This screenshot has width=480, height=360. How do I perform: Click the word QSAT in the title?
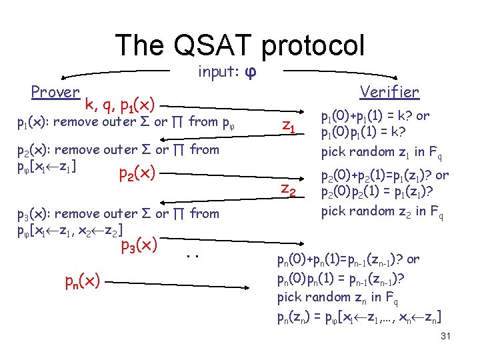[x=207, y=45]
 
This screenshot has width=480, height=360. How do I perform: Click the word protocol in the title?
[x=313, y=45]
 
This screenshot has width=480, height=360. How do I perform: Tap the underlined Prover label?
[x=55, y=92]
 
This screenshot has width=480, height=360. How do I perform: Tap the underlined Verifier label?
[x=389, y=92]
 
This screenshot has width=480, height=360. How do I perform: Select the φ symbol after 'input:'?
[x=251, y=71]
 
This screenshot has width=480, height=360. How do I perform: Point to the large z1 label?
[x=289, y=125]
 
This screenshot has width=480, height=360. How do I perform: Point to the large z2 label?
[x=289, y=190]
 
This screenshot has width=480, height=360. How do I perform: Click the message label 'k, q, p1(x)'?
[x=121, y=105]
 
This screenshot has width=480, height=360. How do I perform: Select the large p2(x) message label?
[x=137, y=174]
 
